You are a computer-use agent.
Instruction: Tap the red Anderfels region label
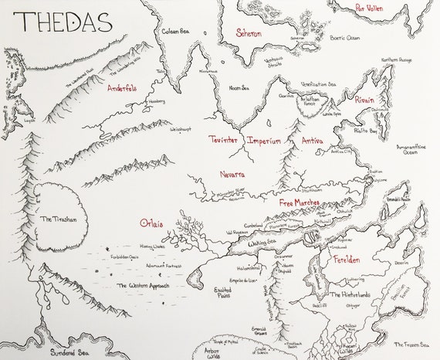[127, 87]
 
